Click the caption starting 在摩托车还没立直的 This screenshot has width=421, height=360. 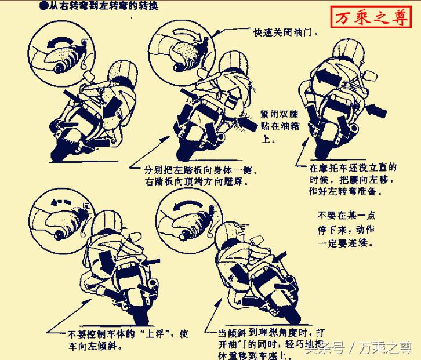[353, 179]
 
